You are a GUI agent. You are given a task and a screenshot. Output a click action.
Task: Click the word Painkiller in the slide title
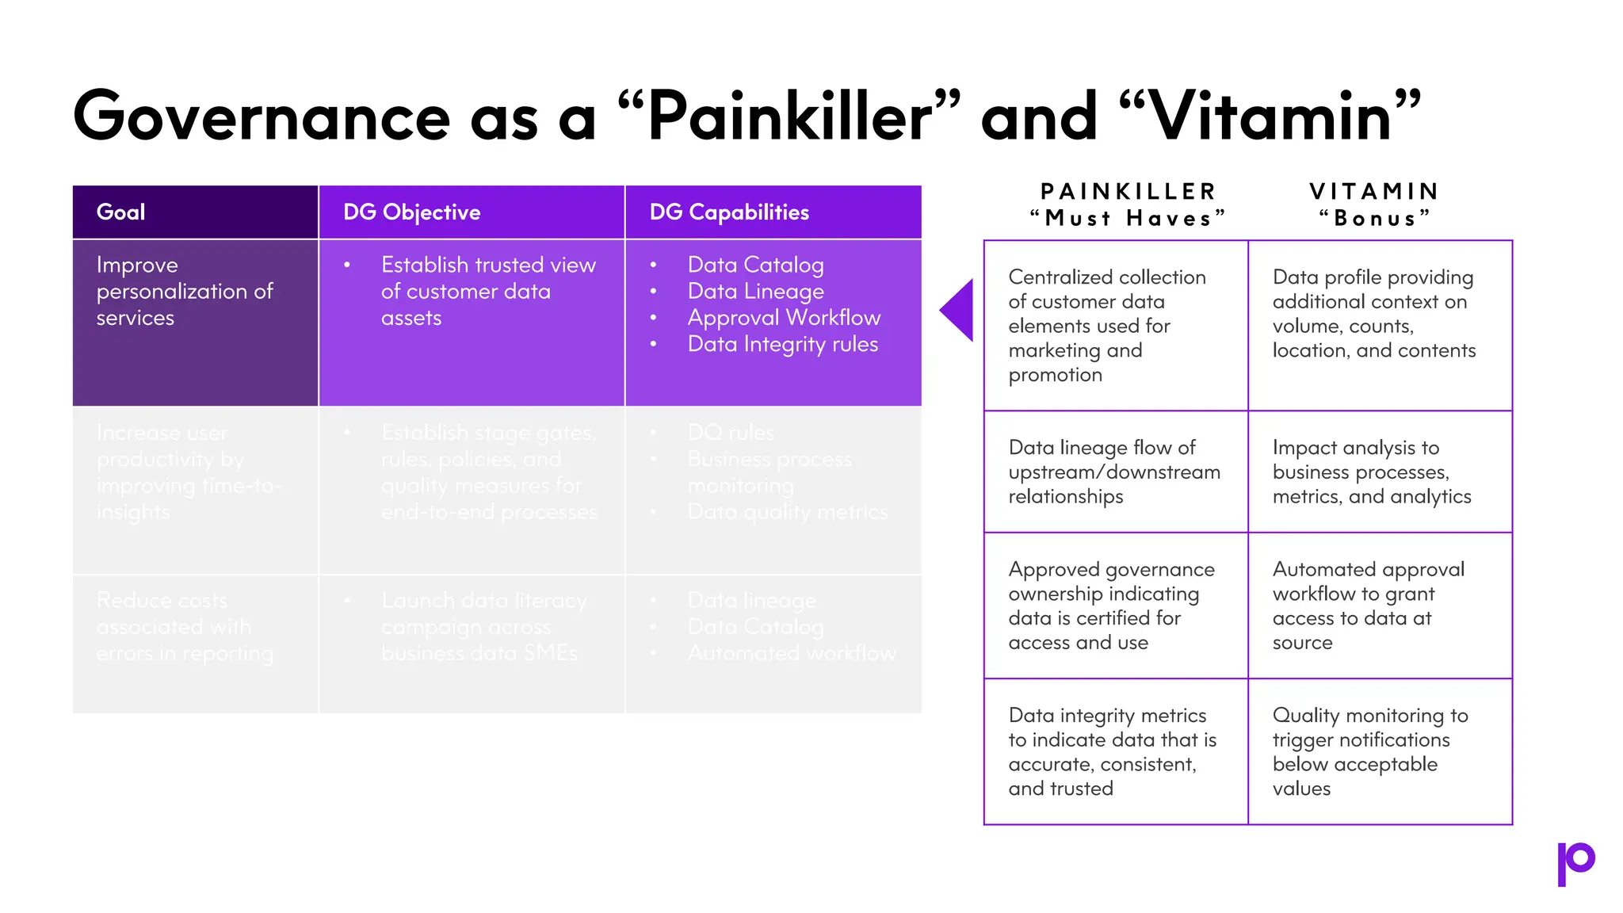pyautogui.click(x=789, y=117)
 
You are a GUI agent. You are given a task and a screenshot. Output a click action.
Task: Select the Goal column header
pyautogui.click(x=120, y=212)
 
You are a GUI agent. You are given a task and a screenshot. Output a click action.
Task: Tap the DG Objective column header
pyautogui.click(x=411, y=212)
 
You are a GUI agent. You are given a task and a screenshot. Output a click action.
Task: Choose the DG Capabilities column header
pyautogui.click(x=729, y=212)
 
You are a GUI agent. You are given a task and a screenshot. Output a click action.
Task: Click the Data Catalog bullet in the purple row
pyautogui.click(x=755, y=265)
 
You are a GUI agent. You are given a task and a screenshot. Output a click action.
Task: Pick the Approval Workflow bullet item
pyautogui.click(x=784, y=318)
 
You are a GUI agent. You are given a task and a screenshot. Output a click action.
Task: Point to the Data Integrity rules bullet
pyautogui.click(x=782, y=344)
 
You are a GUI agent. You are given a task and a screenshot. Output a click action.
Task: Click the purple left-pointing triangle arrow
pyautogui.click(x=958, y=310)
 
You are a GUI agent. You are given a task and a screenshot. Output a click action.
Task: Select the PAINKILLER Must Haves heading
pyautogui.click(x=1128, y=204)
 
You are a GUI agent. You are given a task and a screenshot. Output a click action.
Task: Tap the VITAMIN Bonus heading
pyautogui.click(x=1374, y=204)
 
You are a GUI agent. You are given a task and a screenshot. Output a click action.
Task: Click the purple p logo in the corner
pyautogui.click(x=1575, y=863)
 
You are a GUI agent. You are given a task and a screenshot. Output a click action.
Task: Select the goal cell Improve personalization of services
pyautogui.click(x=184, y=291)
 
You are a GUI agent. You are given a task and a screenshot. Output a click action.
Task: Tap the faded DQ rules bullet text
pyautogui.click(x=730, y=433)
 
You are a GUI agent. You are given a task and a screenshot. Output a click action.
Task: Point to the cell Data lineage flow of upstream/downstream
pyautogui.click(x=1113, y=472)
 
